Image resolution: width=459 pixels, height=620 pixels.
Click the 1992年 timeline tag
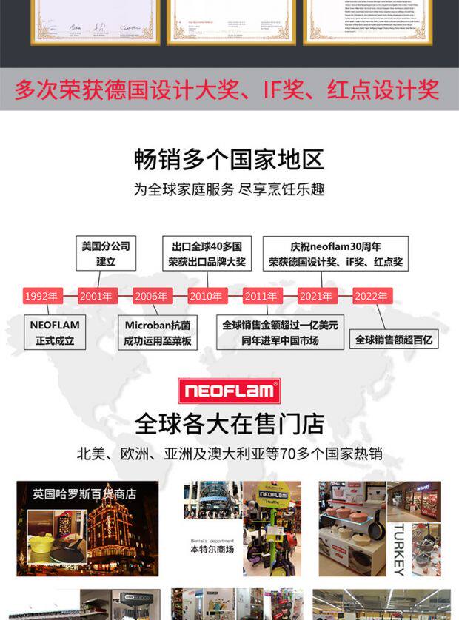[x=40, y=296]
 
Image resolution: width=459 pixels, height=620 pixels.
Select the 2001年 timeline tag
[x=96, y=296]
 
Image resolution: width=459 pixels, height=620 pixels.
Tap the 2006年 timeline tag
[x=151, y=296]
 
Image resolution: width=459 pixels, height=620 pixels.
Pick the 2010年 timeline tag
[x=206, y=296]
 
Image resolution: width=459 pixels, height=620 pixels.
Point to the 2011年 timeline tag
[x=261, y=296]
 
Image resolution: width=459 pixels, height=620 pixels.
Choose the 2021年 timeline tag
[x=316, y=296]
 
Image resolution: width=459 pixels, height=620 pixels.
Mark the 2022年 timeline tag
[x=371, y=296]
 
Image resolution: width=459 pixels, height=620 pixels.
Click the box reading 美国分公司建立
[x=105, y=254]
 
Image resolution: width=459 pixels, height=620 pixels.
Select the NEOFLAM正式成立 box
[x=55, y=333]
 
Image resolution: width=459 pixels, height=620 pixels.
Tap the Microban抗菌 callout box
[x=158, y=333]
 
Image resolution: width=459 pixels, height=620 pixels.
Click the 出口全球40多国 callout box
[x=207, y=254]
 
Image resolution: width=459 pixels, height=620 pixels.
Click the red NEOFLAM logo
[x=229, y=390]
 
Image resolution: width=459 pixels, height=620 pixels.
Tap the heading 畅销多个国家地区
[x=229, y=158]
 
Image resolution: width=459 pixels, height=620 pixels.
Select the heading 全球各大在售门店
[x=229, y=424]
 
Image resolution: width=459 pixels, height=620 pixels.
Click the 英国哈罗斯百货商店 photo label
[x=84, y=493]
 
